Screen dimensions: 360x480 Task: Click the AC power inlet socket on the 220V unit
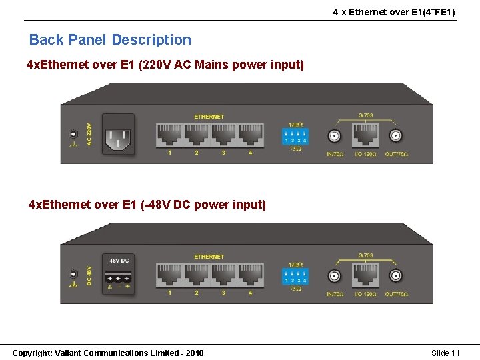tap(118, 138)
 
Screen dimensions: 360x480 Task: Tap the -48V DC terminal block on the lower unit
tap(118, 278)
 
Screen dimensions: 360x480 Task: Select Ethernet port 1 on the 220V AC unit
tap(169, 136)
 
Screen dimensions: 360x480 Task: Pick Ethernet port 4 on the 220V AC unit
tap(250, 136)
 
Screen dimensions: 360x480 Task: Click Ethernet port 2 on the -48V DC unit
tap(197, 275)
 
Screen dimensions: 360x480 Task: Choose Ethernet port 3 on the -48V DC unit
tap(223, 275)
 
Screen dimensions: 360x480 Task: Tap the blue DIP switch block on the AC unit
tap(295, 137)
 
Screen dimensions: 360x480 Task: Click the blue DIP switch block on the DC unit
tap(295, 277)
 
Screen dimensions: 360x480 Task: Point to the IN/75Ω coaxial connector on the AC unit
tap(334, 137)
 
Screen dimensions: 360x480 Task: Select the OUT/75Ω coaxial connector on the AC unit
tap(395, 137)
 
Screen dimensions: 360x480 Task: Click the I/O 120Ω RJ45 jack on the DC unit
tap(365, 275)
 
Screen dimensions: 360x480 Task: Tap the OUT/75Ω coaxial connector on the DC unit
tap(395, 276)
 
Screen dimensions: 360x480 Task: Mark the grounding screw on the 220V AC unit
tap(73, 134)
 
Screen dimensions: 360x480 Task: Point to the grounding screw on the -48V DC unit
tap(73, 274)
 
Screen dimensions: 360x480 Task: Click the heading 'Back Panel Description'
tap(110, 40)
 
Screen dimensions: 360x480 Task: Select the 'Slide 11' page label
tap(445, 353)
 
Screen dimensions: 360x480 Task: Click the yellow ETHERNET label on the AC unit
tap(209, 117)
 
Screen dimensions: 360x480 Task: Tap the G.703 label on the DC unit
tap(365, 255)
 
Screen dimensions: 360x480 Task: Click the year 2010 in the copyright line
tap(194, 353)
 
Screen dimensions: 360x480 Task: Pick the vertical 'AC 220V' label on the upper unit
tap(89, 134)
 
